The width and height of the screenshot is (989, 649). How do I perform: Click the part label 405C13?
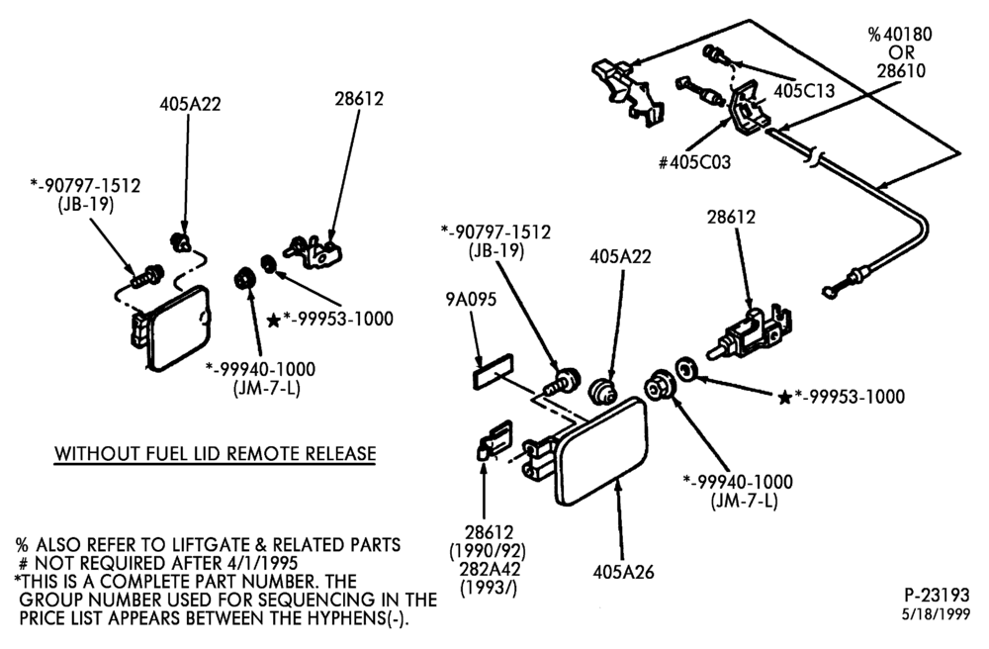pyautogui.click(x=803, y=91)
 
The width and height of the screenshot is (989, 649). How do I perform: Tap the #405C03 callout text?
pyautogui.click(x=694, y=162)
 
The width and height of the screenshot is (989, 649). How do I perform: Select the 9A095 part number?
pyautogui.click(x=471, y=299)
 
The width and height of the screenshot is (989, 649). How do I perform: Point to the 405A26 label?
pyautogui.click(x=623, y=572)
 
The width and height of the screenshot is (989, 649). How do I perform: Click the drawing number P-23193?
pyautogui.click(x=937, y=595)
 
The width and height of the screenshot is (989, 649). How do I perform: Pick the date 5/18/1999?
pyautogui.click(x=936, y=614)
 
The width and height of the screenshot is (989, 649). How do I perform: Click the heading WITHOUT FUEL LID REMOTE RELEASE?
pyautogui.click(x=215, y=453)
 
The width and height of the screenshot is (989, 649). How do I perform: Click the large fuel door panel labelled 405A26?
pyautogui.click(x=600, y=451)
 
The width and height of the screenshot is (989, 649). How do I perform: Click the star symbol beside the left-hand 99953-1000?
pyautogui.click(x=273, y=321)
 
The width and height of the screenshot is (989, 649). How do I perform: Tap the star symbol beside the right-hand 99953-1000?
pyautogui.click(x=784, y=398)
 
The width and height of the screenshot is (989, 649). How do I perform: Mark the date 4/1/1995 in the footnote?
pyautogui.click(x=260, y=563)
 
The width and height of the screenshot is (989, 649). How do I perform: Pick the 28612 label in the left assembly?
pyautogui.click(x=359, y=98)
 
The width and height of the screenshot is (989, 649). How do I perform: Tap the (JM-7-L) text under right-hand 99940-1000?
pyautogui.click(x=745, y=501)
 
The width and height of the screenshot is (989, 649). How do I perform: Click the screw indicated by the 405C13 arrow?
pyautogui.click(x=715, y=53)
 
